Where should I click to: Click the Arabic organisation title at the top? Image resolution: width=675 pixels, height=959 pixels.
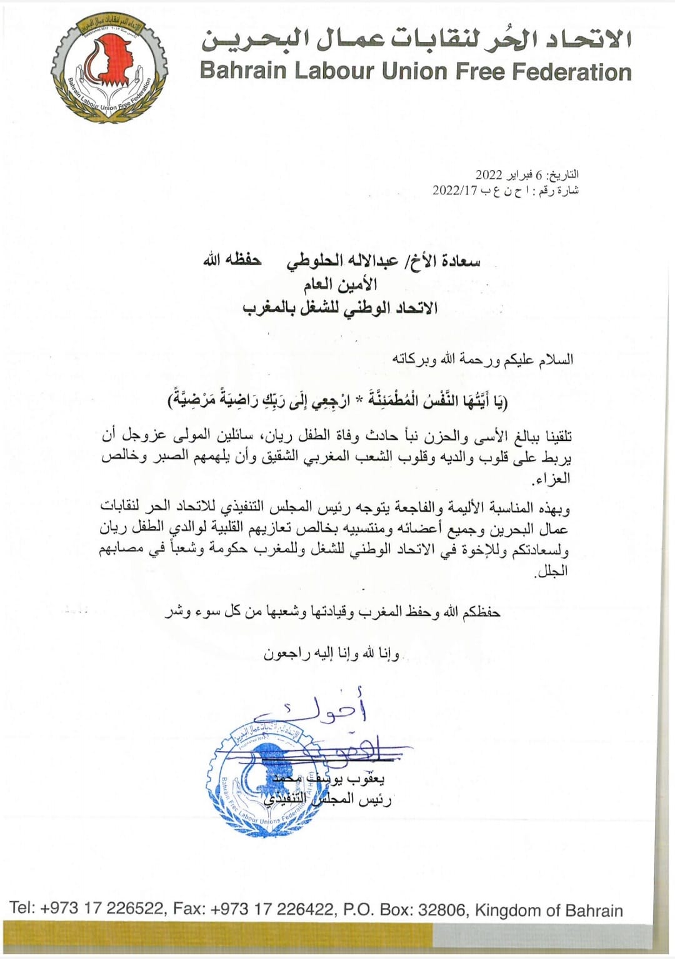416,39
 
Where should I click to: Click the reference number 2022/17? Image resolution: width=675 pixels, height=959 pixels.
454,191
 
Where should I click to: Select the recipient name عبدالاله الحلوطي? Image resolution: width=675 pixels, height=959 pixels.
341,262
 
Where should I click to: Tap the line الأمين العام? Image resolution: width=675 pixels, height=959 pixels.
341,286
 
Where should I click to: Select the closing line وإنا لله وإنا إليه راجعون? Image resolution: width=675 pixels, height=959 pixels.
331,654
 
